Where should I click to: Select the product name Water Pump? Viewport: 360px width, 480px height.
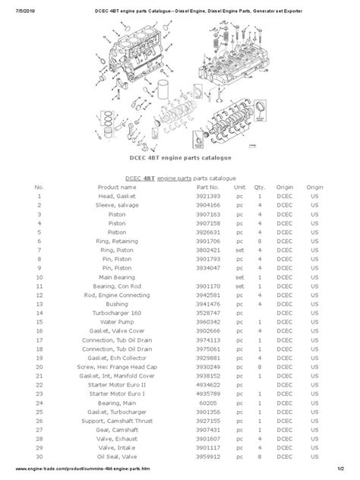(122, 322)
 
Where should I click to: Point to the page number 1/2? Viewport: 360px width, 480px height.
(343, 473)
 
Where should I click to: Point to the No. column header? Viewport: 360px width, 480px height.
(39, 186)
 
